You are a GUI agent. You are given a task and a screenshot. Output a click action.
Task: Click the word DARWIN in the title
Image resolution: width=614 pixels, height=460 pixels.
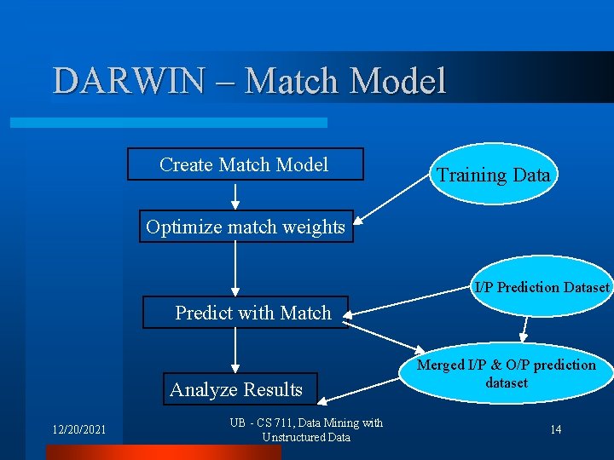click(x=128, y=81)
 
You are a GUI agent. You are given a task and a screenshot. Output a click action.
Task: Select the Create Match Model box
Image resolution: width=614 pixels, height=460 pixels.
click(x=245, y=164)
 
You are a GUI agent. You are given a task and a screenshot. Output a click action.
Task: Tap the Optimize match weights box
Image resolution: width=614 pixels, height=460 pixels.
click(x=246, y=227)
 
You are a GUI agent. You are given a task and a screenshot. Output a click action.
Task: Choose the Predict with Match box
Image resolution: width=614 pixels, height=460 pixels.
click(x=244, y=313)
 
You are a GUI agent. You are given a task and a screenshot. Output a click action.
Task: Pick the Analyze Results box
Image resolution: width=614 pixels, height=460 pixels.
click(x=236, y=389)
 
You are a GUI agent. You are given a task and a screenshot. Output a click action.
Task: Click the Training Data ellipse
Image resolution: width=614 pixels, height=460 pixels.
click(x=493, y=175)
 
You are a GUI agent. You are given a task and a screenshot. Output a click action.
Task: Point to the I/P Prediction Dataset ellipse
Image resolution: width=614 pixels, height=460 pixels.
click(x=541, y=287)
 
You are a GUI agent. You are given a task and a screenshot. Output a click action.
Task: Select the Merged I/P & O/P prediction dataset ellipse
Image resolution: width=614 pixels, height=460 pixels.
click(x=506, y=373)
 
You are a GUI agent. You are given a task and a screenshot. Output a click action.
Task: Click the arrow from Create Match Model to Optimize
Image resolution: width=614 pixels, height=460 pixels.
click(x=235, y=196)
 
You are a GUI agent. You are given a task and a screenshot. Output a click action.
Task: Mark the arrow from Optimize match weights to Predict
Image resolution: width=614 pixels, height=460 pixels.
click(x=235, y=269)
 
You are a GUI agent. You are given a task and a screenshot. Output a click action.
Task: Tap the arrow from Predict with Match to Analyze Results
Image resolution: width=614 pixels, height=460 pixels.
click(x=235, y=350)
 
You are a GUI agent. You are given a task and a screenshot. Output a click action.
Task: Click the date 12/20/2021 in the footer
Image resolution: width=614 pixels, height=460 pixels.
click(x=76, y=429)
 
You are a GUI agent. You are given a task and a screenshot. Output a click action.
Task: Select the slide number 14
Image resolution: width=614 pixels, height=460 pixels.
click(x=555, y=429)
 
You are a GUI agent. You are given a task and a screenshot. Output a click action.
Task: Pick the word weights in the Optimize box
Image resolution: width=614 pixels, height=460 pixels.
click(x=316, y=227)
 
